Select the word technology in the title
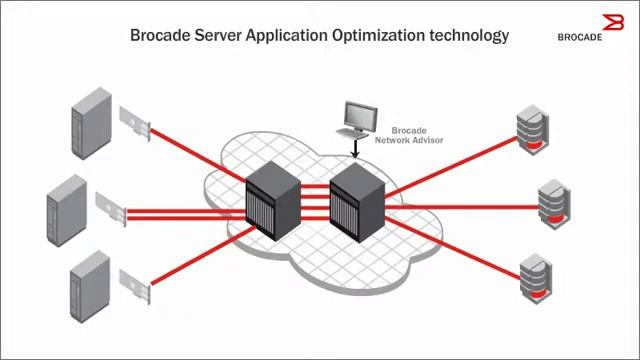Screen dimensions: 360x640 469,35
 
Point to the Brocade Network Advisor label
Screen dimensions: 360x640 407,136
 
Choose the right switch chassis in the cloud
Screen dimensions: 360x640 356,195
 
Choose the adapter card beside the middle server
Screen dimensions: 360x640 113,208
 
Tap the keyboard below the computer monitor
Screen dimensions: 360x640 351,132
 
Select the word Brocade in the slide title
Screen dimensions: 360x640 163,35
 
